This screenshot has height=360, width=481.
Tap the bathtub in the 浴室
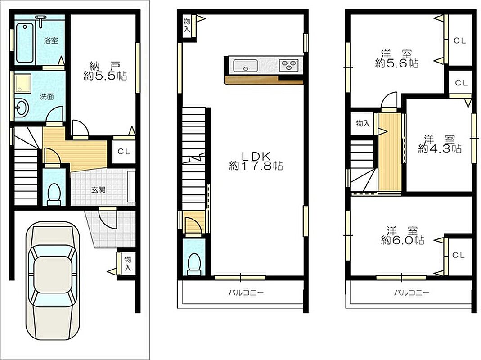click(25, 42)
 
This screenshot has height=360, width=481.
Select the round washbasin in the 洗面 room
click(22, 108)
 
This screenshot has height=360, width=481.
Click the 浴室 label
click(51, 40)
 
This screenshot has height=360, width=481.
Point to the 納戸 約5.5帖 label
click(105, 72)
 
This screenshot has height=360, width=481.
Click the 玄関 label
click(98, 189)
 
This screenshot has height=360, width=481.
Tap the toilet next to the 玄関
click(54, 194)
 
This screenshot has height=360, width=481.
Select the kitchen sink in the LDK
click(245, 66)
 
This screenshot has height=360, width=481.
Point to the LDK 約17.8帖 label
click(256, 161)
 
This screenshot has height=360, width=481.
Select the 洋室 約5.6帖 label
click(397, 59)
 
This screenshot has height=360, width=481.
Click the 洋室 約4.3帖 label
click(440, 144)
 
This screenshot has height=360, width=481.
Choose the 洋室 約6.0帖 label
click(402, 235)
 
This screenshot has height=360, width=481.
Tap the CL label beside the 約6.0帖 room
click(459, 255)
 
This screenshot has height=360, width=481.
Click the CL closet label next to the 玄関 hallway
click(124, 151)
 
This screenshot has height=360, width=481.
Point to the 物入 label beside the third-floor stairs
click(363, 123)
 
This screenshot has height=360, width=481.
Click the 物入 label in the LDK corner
click(187, 26)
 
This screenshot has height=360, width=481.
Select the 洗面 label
click(47, 97)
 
